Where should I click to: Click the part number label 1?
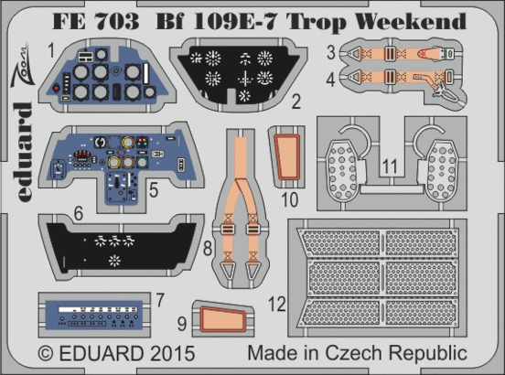coord(53,46)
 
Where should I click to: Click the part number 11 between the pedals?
coord(390,167)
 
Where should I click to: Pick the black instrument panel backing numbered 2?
coord(242,74)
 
